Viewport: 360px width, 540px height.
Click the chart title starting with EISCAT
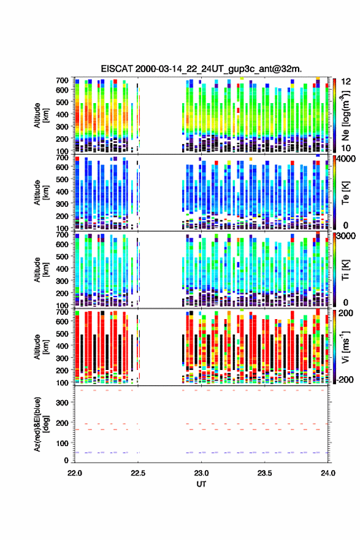[x=201, y=69]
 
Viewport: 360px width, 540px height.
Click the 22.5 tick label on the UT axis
[x=138, y=473]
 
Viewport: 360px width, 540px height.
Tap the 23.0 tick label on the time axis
[x=201, y=473]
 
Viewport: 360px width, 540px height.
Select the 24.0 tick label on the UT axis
[x=328, y=473]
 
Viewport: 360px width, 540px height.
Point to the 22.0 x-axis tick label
[x=75, y=473]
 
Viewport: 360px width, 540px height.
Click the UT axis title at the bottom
[x=201, y=484]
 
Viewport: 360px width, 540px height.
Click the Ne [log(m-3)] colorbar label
[x=345, y=115]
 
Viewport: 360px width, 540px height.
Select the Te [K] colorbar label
[x=345, y=193]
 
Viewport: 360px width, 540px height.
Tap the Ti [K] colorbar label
[x=345, y=270]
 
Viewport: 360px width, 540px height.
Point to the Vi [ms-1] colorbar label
[x=345, y=347]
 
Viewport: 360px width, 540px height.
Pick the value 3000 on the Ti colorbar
[x=347, y=236]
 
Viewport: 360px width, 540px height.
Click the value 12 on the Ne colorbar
[x=347, y=82]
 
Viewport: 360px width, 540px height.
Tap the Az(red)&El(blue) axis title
[x=41, y=424]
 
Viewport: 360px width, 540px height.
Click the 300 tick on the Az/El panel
[x=63, y=403]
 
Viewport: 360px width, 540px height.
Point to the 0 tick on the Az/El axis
[x=66, y=460]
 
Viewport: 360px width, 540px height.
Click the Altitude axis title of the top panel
[x=41, y=115]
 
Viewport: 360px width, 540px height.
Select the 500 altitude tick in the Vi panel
[x=63, y=334]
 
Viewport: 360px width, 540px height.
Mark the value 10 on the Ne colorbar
[x=347, y=148]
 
